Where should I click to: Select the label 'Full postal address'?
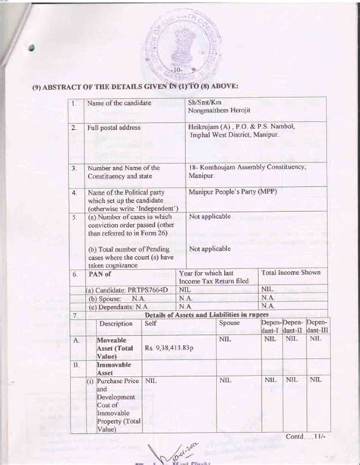click(x=115, y=128)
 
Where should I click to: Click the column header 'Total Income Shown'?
click(x=291, y=272)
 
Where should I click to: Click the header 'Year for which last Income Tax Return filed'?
click(x=215, y=276)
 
